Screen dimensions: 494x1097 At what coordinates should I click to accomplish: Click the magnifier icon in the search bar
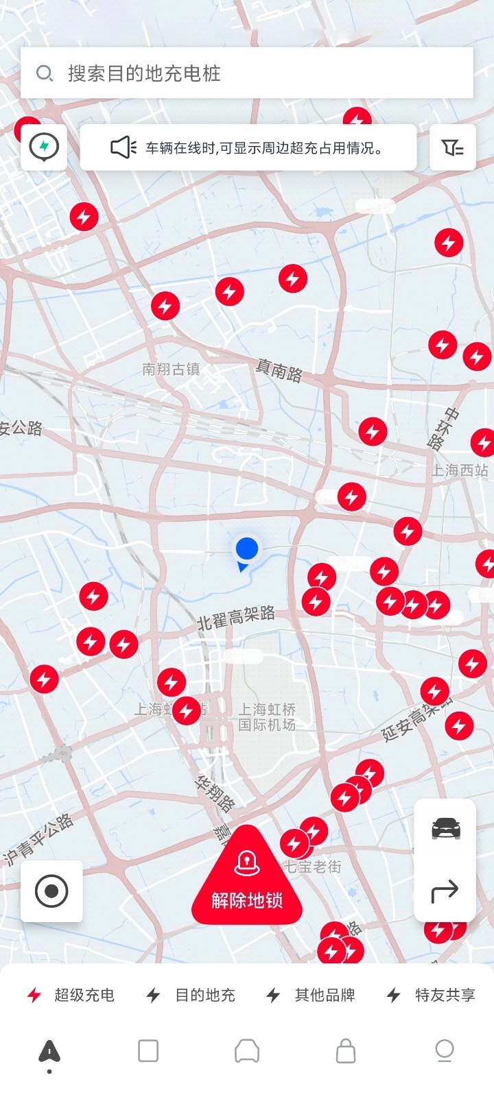coord(45,73)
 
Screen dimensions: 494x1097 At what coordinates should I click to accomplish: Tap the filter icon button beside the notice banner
coord(452,147)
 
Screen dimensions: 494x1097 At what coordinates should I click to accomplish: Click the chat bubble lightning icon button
coord(44,147)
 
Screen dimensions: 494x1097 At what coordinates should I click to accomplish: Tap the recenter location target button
coord(51,891)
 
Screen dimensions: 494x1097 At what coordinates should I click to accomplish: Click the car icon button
coord(445,829)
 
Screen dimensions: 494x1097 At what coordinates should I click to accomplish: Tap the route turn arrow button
coord(445,891)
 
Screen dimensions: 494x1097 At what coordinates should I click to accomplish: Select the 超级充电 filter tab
coord(71,995)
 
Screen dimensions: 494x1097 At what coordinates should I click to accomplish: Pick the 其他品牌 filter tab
coord(311,995)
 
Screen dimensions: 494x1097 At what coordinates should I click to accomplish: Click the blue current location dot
coord(247,548)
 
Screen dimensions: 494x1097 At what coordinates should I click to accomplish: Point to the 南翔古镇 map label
coord(171,370)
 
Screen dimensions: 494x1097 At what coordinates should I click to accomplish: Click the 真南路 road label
coord(279,370)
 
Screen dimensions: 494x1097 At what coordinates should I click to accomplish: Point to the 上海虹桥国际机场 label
coord(267,717)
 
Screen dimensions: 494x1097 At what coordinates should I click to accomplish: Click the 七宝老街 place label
coord(313,867)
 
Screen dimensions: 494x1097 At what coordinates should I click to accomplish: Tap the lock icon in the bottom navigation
coord(346,1050)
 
